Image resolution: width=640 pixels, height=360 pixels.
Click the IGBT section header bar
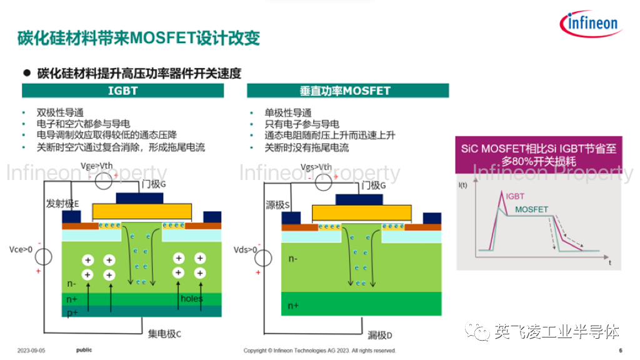(x=122, y=91)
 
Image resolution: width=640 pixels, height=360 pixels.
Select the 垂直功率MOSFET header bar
(x=347, y=91)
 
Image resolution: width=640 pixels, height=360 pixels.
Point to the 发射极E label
(x=63, y=204)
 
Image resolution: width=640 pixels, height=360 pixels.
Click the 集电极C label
(x=164, y=334)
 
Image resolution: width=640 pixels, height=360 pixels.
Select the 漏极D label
(x=380, y=336)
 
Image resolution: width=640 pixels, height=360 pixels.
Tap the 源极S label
(x=278, y=204)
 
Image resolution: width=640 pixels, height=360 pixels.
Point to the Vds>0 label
(x=245, y=249)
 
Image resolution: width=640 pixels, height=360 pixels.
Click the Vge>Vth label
(x=97, y=167)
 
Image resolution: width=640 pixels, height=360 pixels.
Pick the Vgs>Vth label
(x=316, y=167)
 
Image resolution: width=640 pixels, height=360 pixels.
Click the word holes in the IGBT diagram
(x=192, y=298)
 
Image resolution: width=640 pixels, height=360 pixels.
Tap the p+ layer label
(x=72, y=312)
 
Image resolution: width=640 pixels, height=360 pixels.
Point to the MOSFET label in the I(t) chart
(x=531, y=209)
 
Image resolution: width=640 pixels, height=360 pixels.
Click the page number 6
(x=621, y=351)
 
